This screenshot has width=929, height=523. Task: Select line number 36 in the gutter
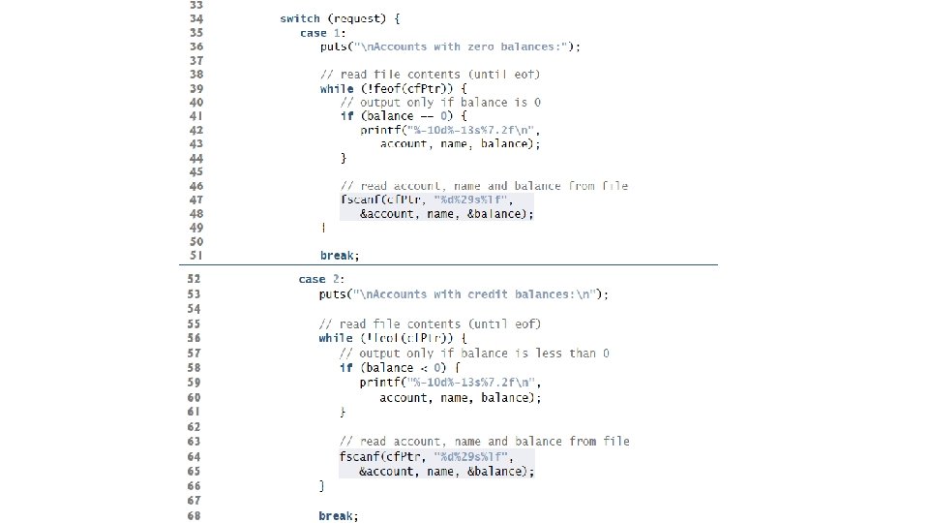tap(196, 46)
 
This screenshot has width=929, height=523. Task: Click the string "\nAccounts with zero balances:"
tap(464, 46)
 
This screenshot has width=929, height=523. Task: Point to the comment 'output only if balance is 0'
tap(440, 102)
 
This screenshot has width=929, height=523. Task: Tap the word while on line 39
tap(336, 88)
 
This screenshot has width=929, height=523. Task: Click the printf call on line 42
tap(382, 130)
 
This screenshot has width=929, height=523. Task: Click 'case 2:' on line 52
tap(318, 279)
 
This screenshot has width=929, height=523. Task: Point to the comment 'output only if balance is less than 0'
tap(474, 354)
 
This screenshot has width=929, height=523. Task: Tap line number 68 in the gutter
tap(194, 516)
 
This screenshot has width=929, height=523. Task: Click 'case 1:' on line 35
tap(318, 32)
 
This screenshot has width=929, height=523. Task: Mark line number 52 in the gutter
tap(194, 279)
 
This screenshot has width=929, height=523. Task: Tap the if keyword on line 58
tap(345, 368)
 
